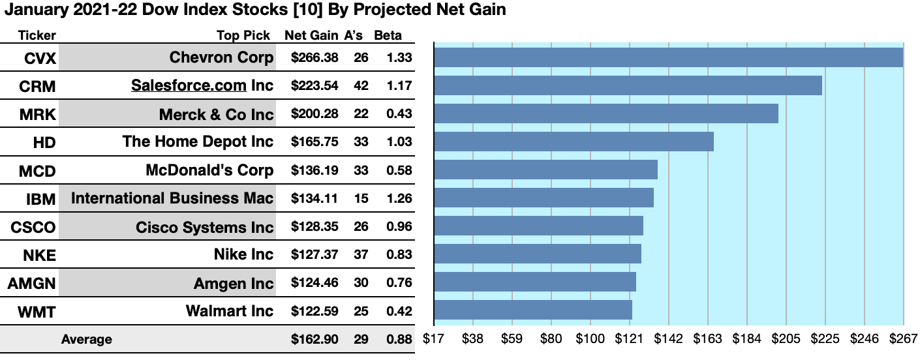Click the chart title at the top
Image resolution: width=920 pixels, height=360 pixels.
pyautogui.click(x=255, y=10)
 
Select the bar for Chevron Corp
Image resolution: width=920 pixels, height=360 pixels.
pyautogui.click(x=668, y=57)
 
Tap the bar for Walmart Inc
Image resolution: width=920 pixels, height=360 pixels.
pyautogui.click(x=532, y=310)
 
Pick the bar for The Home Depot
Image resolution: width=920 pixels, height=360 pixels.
pyautogui.click(x=574, y=142)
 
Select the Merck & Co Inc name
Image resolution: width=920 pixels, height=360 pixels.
pyautogui.click(x=216, y=115)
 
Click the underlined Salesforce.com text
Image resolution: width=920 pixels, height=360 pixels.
pyautogui.click(x=189, y=86)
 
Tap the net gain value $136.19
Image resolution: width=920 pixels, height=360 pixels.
pyautogui.click(x=314, y=171)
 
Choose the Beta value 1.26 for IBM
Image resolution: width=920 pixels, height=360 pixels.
pyautogui.click(x=399, y=198)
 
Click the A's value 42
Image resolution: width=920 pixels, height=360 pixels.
pyautogui.click(x=361, y=86)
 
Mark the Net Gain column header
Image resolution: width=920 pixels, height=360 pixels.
pyautogui.click(x=311, y=35)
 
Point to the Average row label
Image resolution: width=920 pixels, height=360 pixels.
pyautogui.click(x=86, y=339)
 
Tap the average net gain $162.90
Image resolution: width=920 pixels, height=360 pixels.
pyautogui.click(x=314, y=339)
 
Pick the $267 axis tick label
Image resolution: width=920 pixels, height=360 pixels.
pyautogui.click(x=903, y=339)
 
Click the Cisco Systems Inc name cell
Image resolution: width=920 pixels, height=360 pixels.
pyautogui.click(x=204, y=227)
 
